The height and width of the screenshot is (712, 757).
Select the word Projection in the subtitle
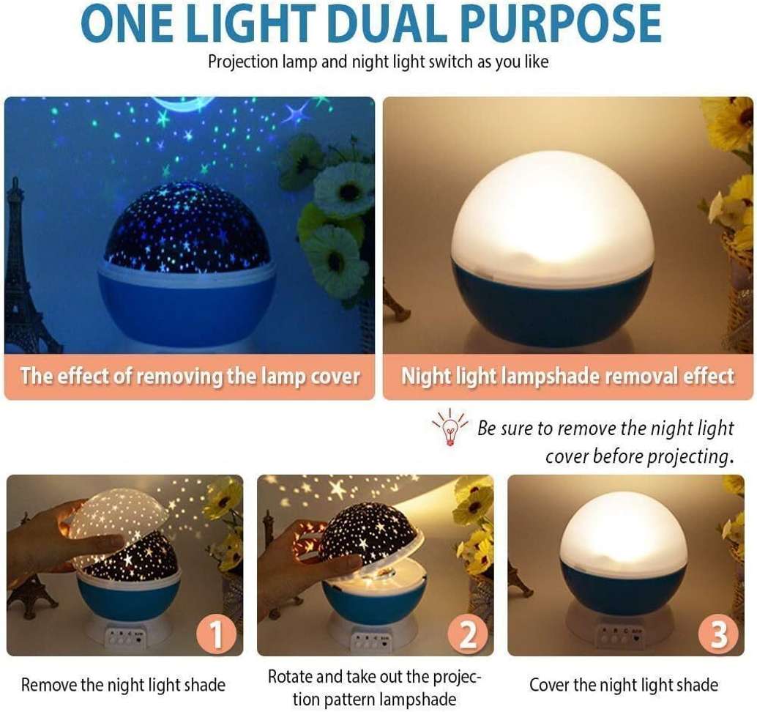(243, 62)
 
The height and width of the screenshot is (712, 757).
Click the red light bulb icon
(450, 428)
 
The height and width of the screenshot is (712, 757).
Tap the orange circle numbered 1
(216, 633)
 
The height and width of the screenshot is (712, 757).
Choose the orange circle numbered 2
(467, 633)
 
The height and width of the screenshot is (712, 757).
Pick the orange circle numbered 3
(718, 633)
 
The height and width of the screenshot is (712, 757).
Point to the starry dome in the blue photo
(187, 227)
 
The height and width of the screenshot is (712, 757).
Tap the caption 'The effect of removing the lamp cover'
(190, 376)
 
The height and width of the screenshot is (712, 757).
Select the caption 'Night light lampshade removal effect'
(568, 376)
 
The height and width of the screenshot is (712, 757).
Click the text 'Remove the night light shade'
(123, 685)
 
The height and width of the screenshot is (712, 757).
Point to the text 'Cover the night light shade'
(624, 685)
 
